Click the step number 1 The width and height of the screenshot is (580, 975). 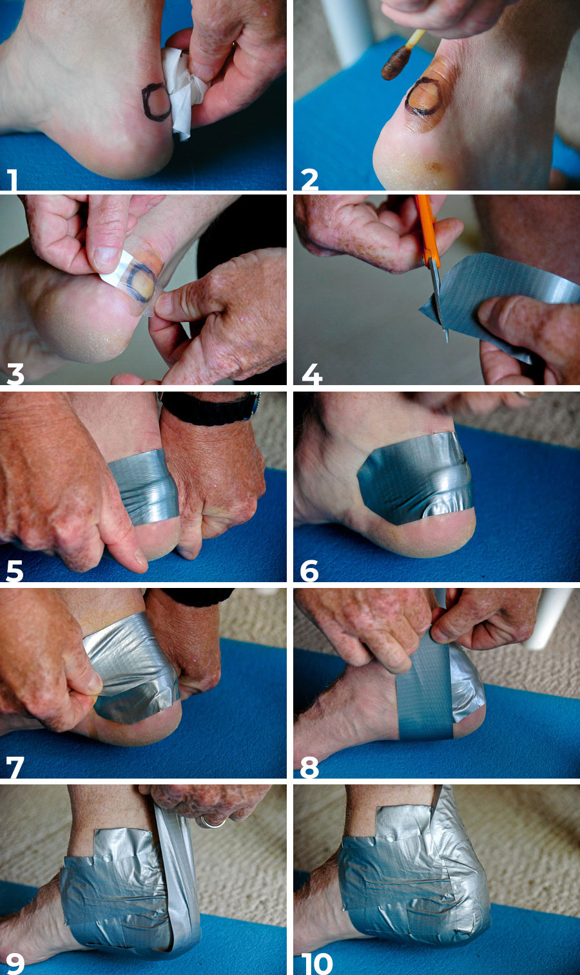coord(12,180)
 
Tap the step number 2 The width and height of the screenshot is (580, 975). coord(309,180)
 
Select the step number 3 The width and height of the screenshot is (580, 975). coord(15,374)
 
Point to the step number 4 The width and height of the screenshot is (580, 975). coord(312,374)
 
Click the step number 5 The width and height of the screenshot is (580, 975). coord(15,571)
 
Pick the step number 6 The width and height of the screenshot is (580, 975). coord(309,571)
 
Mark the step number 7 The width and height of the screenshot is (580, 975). coord(15,767)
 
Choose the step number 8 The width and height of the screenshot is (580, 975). coord(309,767)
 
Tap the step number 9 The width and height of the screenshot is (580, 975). coord(15,963)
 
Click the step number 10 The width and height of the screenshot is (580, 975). coord(317,963)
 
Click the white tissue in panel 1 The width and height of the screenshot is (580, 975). coord(184,93)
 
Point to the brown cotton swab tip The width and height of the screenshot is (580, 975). coord(396,63)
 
